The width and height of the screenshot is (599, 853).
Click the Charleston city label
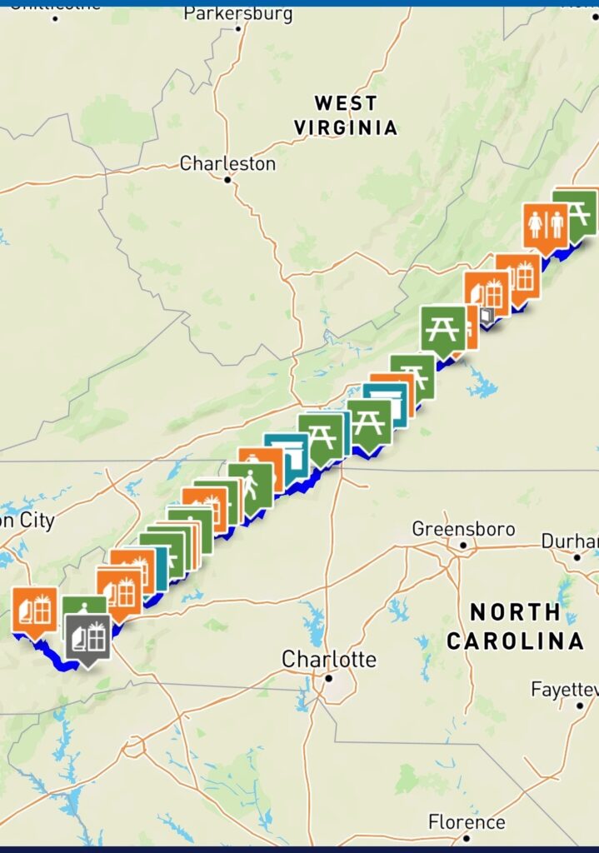(227, 163)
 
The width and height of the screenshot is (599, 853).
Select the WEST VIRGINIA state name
(345, 115)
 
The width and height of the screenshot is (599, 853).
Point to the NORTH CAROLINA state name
(515, 626)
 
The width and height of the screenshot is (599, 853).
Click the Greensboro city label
(464, 529)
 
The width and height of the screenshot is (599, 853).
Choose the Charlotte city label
(328, 659)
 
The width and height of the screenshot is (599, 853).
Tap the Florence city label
(467, 822)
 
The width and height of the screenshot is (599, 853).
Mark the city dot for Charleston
(227, 178)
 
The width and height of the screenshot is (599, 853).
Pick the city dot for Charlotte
(329, 677)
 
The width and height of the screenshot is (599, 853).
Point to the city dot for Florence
(467, 837)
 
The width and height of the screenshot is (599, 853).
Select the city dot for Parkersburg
(238, 28)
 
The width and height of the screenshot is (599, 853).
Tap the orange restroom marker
(546, 224)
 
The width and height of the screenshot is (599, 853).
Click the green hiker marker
(251, 484)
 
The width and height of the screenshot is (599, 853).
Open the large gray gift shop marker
(87, 636)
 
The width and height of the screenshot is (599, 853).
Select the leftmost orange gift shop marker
(34, 609)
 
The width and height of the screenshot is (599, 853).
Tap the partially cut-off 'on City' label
(27, 521)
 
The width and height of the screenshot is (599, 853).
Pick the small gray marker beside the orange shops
(487, 317)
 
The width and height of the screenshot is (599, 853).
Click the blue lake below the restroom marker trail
(482, 386)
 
